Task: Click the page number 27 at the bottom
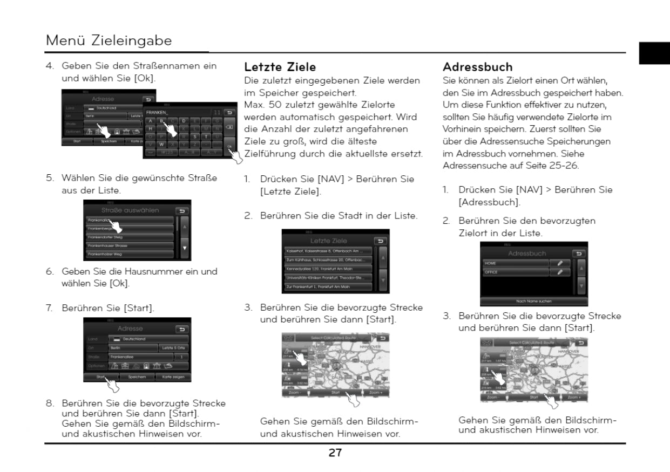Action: click(335, 453)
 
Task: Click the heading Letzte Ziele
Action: click(280, 67)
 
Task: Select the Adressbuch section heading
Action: click(477, 67)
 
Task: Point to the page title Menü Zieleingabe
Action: click(109, 40)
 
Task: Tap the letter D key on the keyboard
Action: click(184, 120)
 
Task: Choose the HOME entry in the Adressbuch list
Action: click(516, 263)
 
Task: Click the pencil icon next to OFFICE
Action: click(560, 272)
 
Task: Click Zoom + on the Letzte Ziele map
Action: click(376, 393)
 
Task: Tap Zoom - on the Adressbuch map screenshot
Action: click(493, 397)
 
